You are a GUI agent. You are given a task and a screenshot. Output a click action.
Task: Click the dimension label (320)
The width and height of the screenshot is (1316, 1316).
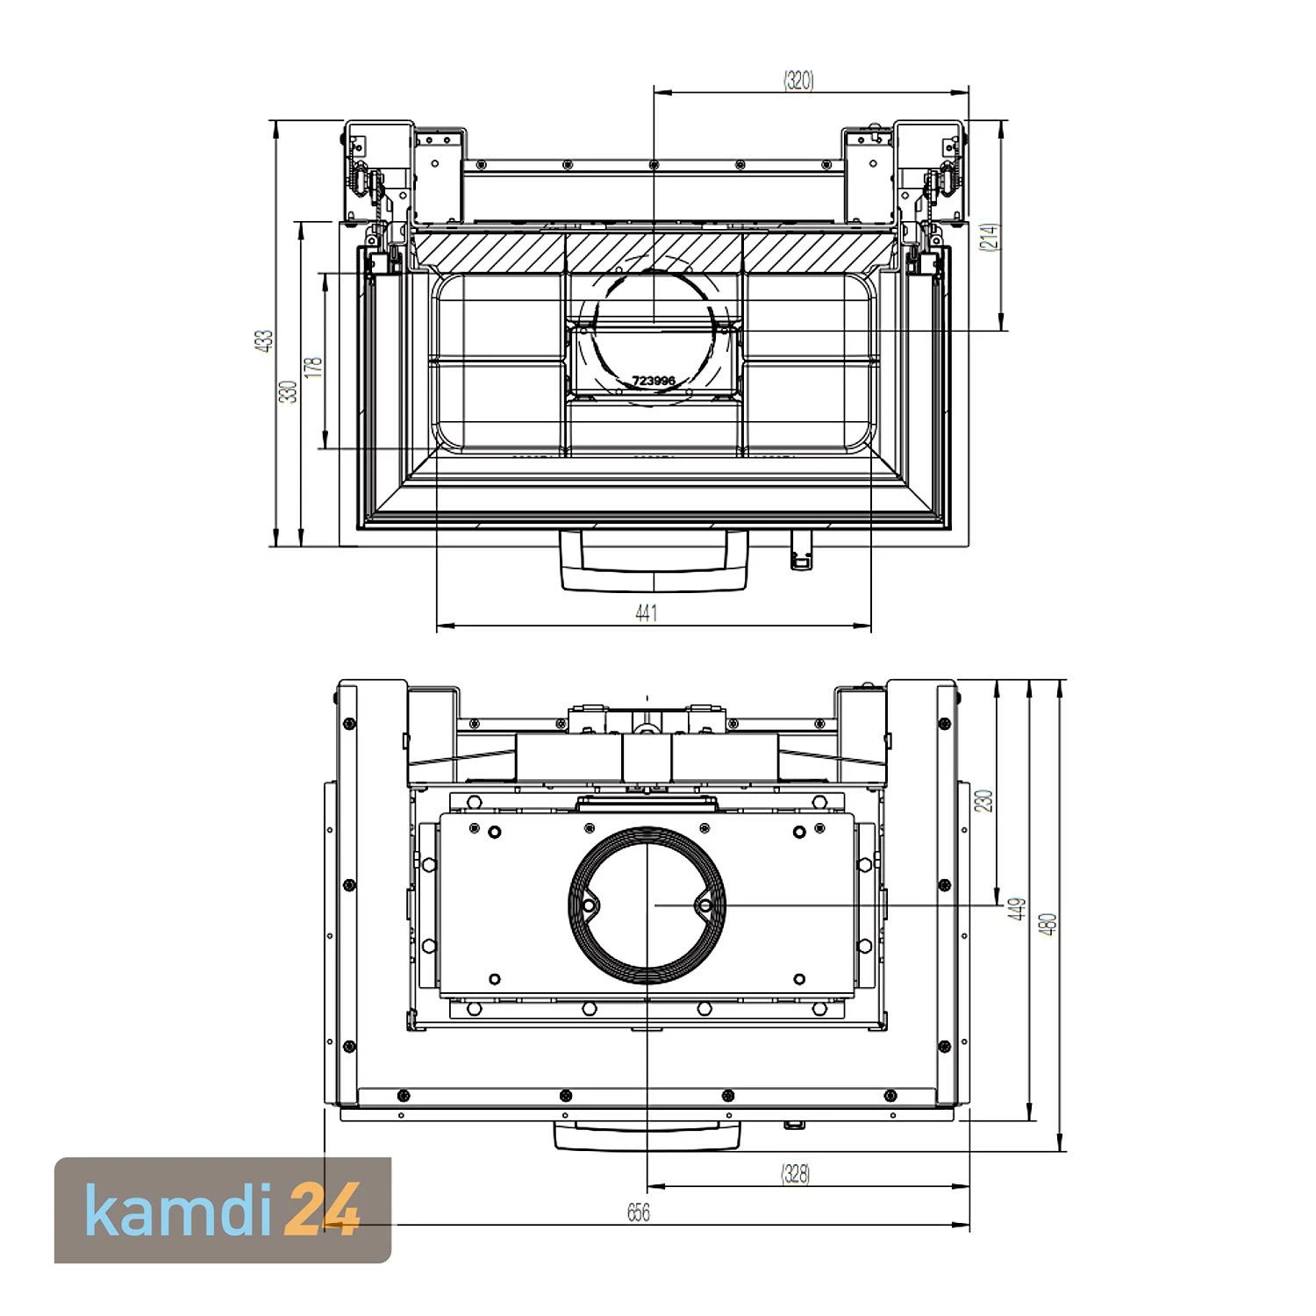point(798,81)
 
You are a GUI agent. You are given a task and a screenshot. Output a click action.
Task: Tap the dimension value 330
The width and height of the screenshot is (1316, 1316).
point(289,391)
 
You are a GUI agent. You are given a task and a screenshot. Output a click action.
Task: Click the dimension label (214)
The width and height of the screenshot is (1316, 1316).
point(991,239)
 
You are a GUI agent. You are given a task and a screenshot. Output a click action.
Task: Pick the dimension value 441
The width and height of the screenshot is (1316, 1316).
point(646,613)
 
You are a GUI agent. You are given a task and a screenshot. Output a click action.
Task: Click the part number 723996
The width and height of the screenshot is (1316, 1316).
point(654,381)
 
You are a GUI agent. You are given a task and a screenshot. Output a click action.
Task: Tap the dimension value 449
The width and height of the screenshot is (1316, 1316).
point(1017,909)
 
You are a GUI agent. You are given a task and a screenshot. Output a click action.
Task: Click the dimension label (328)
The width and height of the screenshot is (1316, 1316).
point(795,1174)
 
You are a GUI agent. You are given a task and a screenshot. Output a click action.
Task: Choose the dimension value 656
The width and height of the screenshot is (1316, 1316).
point(639,1212)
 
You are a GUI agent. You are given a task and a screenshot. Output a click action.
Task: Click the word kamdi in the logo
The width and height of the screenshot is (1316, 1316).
point(180,1211)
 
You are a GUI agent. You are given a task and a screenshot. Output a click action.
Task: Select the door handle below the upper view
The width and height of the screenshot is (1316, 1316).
point(654,561)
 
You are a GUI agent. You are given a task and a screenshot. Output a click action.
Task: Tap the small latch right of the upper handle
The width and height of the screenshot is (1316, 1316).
point(799,549)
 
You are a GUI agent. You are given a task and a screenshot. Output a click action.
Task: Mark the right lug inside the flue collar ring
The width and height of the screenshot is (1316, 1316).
point(704,904)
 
